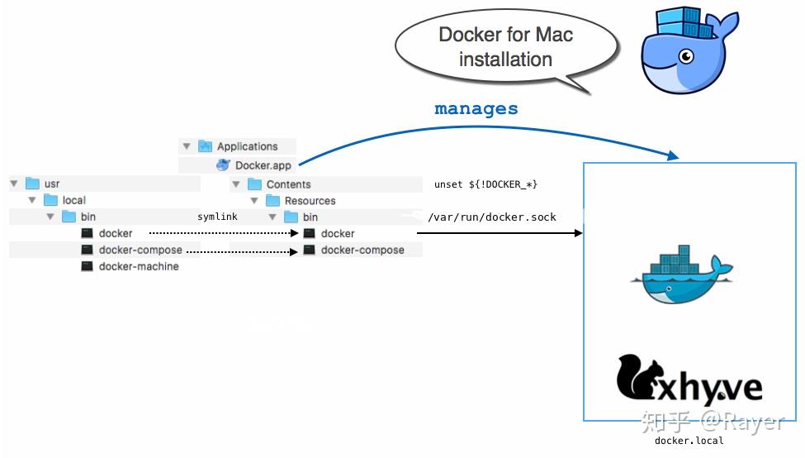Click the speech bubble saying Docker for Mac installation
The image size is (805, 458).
[x=504, y=47]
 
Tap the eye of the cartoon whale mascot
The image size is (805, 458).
[x=684, y=56]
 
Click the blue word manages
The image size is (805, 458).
[x=476, y=108]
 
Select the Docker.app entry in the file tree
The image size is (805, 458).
[x=263, y=165]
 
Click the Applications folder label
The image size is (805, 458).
[x=247, y=146]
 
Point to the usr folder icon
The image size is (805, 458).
[x=33, y=184]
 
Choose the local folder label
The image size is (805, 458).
[x=73, y=200]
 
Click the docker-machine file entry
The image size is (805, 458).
[x=138, y=266]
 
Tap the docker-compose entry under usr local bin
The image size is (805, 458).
[x=140, y=250]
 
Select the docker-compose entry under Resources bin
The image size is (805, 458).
[x=362, y=250]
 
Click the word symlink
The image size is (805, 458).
[x=217, y=217]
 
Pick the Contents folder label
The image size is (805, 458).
[x=288, y=184]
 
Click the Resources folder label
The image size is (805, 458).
[x=310, y=201]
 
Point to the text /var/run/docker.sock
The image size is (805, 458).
[x=492, y=217]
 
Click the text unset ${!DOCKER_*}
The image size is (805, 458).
[x=485, y=184]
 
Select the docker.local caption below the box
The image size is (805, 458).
[x=689, y=441]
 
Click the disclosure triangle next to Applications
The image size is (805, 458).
[x=187, y=146]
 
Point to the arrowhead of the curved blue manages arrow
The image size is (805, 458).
[x=673, y=155]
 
